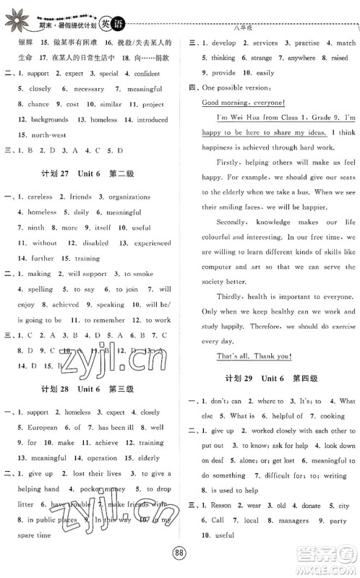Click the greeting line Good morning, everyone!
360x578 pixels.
(243, 101)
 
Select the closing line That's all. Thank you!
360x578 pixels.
(247, 355)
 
